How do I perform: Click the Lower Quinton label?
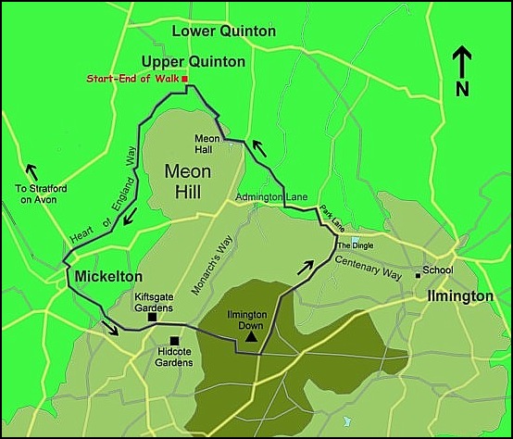[225, 31]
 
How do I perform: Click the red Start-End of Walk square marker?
[185, 80]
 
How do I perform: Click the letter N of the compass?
[462, 89]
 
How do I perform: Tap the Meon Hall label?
[206, 144]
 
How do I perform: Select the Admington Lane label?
[270, 197]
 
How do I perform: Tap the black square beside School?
[419, 273]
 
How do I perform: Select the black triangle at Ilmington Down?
[250, 339]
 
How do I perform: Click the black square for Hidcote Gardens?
[174, 340]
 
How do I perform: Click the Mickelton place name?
[108, 277]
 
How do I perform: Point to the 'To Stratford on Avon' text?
[37, 194]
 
